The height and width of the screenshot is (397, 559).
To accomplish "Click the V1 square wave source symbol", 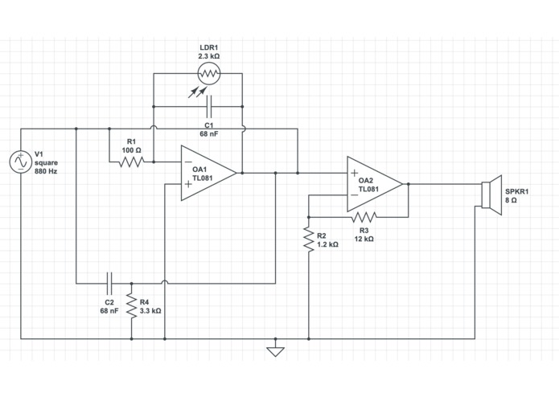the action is click(21, 162).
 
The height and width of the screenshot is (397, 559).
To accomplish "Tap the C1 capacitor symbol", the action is click(209, 106).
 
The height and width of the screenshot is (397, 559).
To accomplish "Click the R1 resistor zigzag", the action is click(132, 162).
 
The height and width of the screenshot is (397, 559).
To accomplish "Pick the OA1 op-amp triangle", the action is click(208, 173).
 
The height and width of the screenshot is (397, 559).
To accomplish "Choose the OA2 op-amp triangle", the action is click(375, 184).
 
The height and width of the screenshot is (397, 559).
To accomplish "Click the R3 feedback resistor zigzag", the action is click(364, 217).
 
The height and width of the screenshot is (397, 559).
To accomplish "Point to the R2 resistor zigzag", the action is click(309, 239).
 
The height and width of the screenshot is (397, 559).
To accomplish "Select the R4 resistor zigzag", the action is click(132, 306).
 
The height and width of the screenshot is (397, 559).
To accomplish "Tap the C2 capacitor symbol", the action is click(109, 284).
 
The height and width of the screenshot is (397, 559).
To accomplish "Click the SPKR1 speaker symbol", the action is click(491, 195).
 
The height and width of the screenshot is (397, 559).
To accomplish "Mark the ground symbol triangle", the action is click(276, 352).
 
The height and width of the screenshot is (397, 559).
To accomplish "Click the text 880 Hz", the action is click(46, 171).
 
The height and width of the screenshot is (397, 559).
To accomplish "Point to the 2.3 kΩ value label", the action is click(209, 56).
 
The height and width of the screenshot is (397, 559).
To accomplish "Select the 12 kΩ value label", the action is click(364, 239).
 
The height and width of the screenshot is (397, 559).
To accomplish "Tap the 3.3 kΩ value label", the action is click(150, 311).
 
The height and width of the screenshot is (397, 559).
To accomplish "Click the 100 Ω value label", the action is click(132, 150).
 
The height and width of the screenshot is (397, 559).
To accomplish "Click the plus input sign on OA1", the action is click(188, 184).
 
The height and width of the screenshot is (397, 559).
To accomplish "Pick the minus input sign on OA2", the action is click(355, 194).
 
